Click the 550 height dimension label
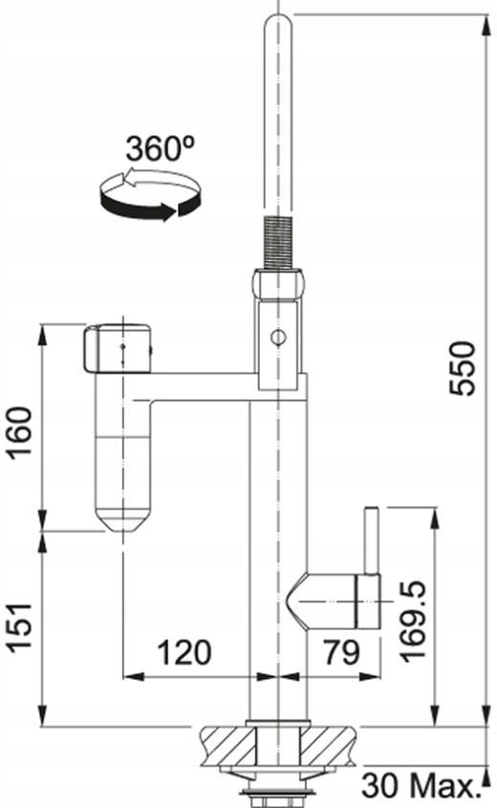[x=462, y=368]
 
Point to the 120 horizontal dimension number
[x=184, y=652]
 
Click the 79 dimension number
[x=341, y=652]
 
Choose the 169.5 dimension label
[x=413, y=621]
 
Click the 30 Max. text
[x=417, y=785]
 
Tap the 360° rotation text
[x=161, y=148]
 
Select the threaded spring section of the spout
[x=278, y=242]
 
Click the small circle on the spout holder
[x=278, y=338]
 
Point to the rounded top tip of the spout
[x=278, y=21]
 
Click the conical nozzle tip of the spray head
[x=123, y=520]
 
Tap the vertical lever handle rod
[x=372, y=540]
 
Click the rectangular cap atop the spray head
[x=117, y=348]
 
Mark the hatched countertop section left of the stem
[x=227, y=745]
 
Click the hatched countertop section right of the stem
[x=329, y=745]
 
